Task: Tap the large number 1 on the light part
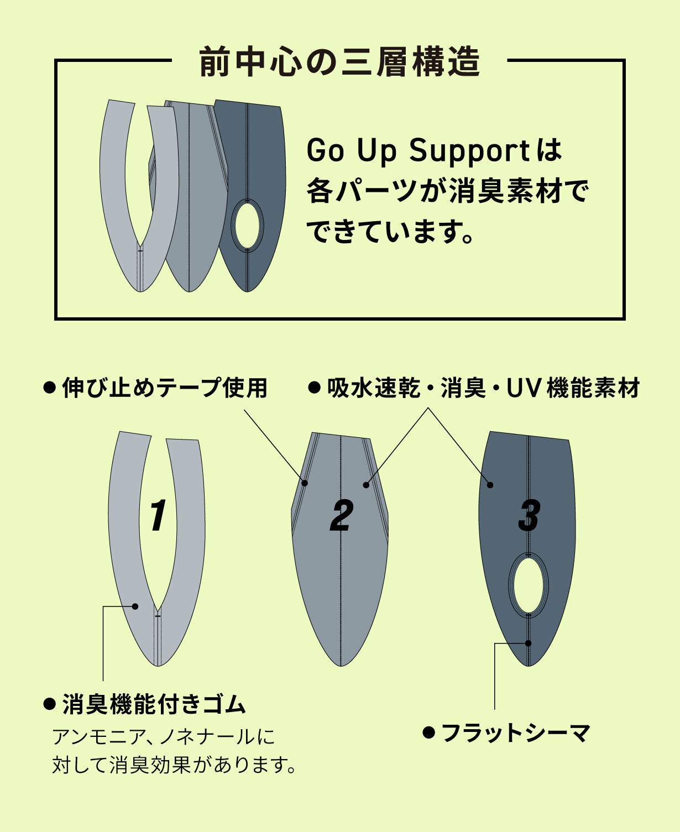tap(158, 515)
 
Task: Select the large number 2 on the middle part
tap(341, 516)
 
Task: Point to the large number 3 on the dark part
tap(529, 516)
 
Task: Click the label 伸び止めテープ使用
tap(164, 388)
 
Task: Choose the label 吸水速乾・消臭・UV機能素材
tap(483, 388)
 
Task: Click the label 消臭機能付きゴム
tap(154, 704)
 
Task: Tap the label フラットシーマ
tap(516, 733)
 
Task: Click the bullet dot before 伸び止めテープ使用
tap(50, 388)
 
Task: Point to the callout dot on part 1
tap(135, 606)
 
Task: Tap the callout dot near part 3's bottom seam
tap(529, 643)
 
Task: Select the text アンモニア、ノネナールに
tap(164, 737)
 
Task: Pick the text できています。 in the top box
tap(390, 232)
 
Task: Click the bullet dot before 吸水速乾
tap(314, 388)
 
